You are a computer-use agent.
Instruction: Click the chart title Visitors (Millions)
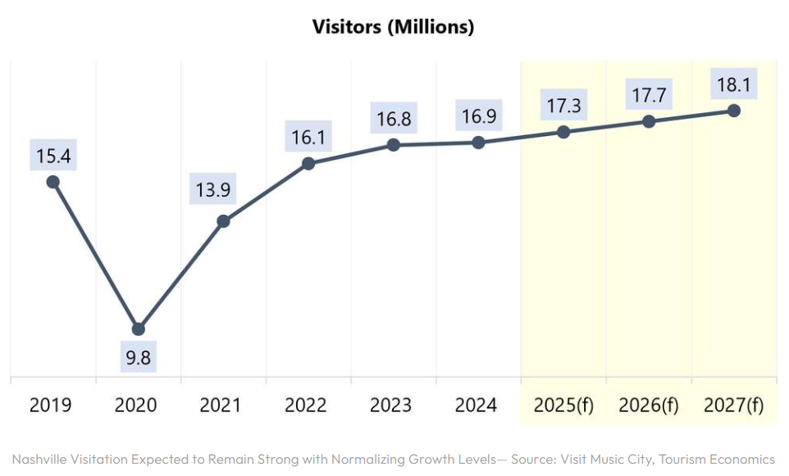[x=394, y=26]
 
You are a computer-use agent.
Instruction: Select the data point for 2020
[x=139, y=329]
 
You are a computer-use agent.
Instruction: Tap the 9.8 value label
[x=139, y=358]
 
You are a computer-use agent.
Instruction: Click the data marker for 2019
[x=53, y=182]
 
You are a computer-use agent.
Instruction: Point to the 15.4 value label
[x=53, y=154]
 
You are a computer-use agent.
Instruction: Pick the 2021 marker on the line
[x=223, y=221]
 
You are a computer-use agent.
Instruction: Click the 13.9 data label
[x=213, y=191]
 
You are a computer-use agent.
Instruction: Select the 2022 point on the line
[x=308, y=164]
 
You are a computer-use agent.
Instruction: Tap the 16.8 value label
[x=394, y=119]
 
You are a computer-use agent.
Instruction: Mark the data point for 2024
[x=479, y=143]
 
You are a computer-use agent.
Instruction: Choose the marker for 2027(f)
[x=734, y=111]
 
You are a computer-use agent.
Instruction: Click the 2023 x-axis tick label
[x=391, y=406]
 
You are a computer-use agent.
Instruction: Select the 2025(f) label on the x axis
[x=563, y=406]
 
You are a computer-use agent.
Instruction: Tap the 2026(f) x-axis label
[x=649, y=406]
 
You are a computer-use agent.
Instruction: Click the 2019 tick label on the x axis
[x=51, y=406]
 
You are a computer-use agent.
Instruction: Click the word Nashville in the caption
[x=40, y=459]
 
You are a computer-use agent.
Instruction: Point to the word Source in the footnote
[x=534, y=459]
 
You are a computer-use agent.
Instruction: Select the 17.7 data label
[x=649, y=96]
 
